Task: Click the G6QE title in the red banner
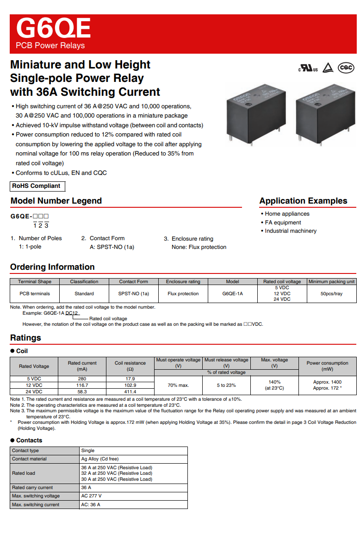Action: point(53,29)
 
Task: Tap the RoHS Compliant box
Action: point(37,186)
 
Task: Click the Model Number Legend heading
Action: point(56,201)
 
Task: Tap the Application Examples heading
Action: point(303,201)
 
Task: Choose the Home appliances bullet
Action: point(287,214)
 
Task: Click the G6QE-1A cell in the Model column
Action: point(232,293)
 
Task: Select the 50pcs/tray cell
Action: point(331,293)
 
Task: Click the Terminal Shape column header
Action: point(35,281)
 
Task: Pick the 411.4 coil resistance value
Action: point(130,391)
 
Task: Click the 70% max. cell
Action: point(178,385)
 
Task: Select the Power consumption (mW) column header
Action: point(327,366)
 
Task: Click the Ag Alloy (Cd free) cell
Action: point(99,459)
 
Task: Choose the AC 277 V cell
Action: point(91,496)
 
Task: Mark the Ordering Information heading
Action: point(52,267)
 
